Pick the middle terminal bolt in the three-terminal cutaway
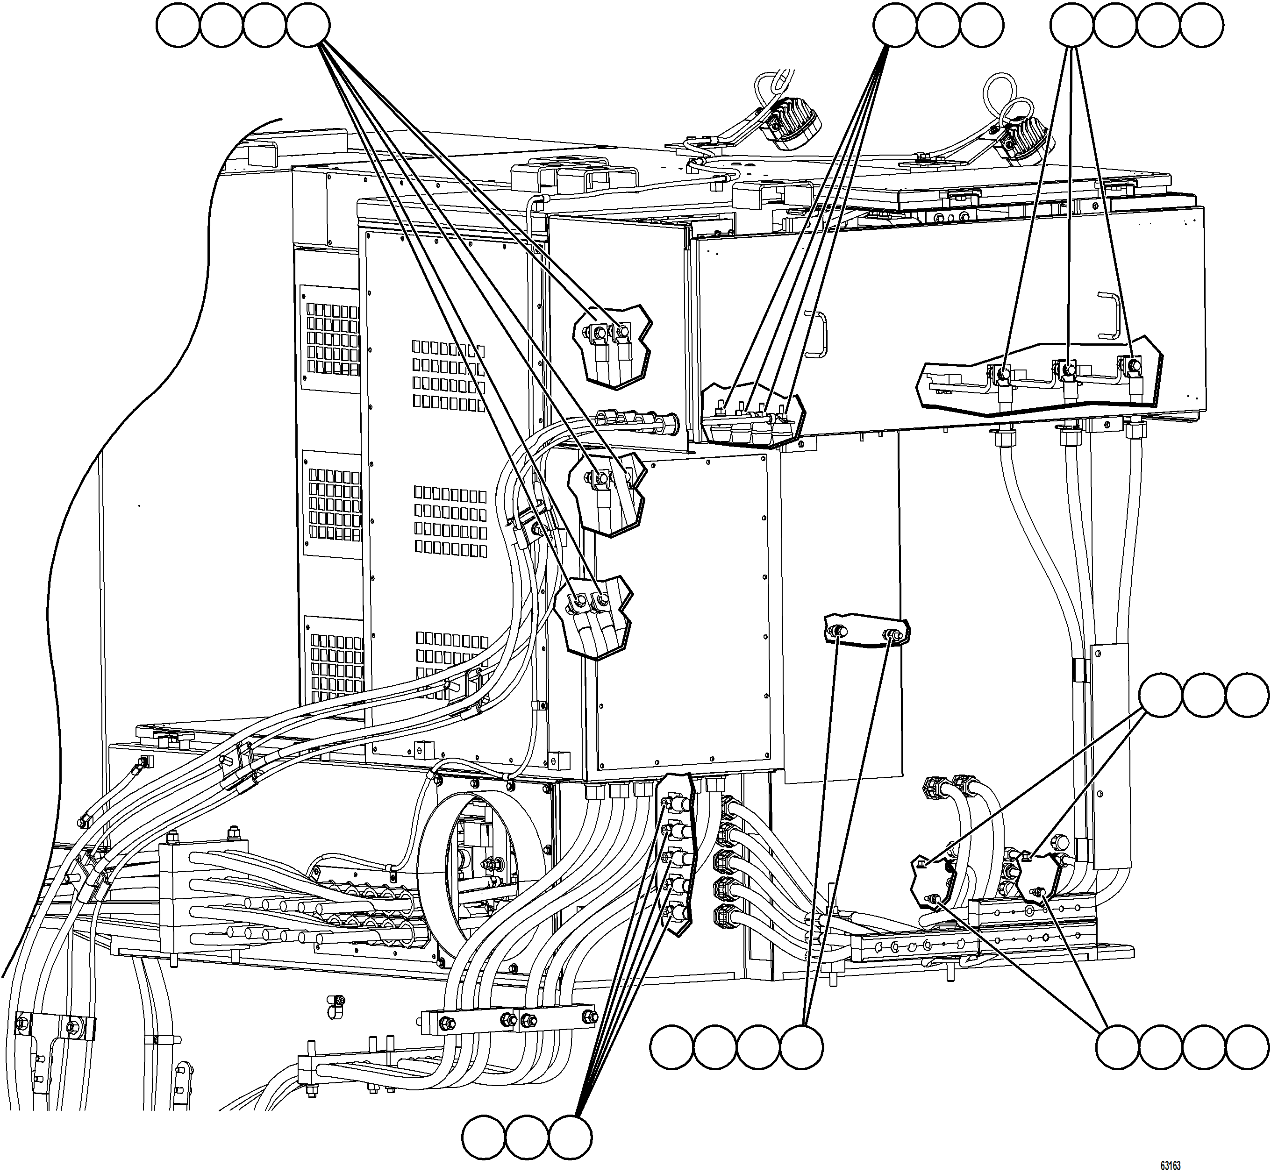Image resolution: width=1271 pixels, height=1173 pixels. coord(1069,369)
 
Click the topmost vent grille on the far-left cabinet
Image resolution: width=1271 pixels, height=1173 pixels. coord(332,338)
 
